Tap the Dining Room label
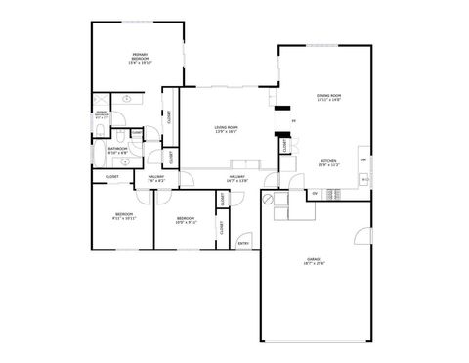point(327,97)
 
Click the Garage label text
point(315,261)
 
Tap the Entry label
point(243,244)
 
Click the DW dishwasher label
point(362,159)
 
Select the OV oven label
point(315,194)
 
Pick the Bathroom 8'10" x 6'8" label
point(117,151)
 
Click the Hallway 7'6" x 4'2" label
point(156,179)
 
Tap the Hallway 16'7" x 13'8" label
point(238,179)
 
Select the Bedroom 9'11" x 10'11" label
point(124,216)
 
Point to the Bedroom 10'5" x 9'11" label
point(186,221)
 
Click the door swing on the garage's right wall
point(362,237)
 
